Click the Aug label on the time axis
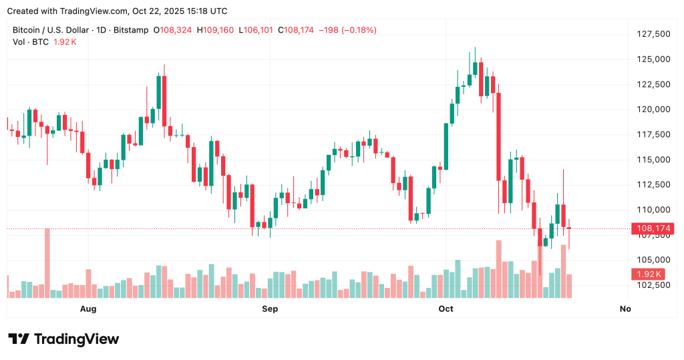point(88,309)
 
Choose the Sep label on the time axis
point(270,309)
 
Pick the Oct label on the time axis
point(446,309)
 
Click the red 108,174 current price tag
point(654,228)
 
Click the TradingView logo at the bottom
point(63,339)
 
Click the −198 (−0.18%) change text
point(348,30)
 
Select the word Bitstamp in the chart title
point(131,30)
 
